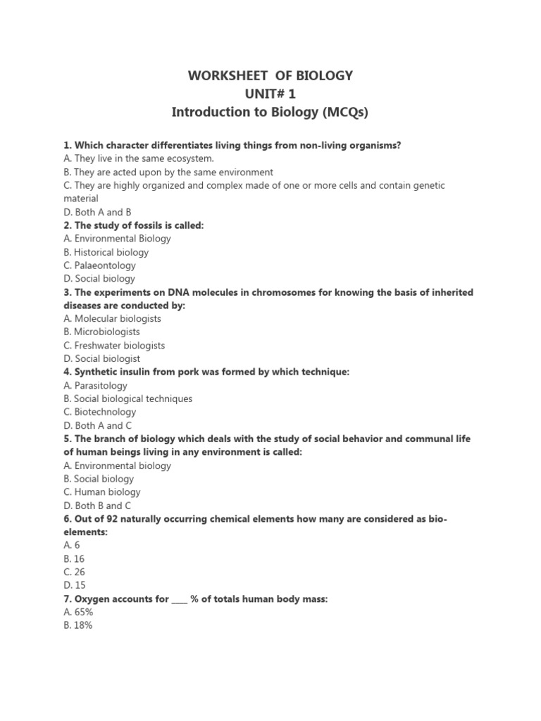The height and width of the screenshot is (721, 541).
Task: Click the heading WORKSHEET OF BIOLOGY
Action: (270, 75)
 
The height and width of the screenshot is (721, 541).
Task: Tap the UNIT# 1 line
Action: (270, 94)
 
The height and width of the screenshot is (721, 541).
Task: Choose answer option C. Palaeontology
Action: (99, 265)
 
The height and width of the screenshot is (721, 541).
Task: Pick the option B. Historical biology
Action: (106, 252)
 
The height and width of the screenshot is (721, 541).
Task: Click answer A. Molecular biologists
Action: (112, 318)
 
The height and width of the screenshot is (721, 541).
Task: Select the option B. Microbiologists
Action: (101, 332)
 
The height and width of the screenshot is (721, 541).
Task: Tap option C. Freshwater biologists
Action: (114, 345)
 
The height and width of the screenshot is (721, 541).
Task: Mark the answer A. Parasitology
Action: (95, 385)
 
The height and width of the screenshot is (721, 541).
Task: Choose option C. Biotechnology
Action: (99, 412)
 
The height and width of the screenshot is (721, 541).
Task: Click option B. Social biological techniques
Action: (128, 399)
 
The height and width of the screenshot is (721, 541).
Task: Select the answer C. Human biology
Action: (101, 492)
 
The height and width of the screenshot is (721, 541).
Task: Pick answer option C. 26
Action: (74, 572)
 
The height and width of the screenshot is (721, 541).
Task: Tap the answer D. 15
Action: (74, 586)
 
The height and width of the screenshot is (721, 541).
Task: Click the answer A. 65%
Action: (78, 613)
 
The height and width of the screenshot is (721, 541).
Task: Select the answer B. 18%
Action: (77, 626)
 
